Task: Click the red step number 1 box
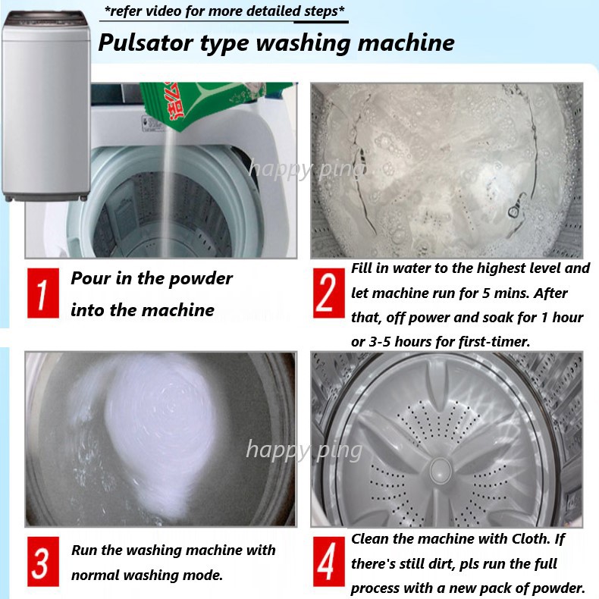click(x=43, y=293)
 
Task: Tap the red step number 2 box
click(x=328, y=293)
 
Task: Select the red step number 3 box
click(x=43, y=562)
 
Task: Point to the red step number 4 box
click(x=328, y=562)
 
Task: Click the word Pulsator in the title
click(x=146, y=42)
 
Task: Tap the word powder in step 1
click(x=200, y=279)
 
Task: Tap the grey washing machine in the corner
click(x=45, y=106)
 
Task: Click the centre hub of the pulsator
click(x=441, y=470)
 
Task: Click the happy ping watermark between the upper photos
click(x=306, y=170)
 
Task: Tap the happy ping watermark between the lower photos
click(x=305, y=450)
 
